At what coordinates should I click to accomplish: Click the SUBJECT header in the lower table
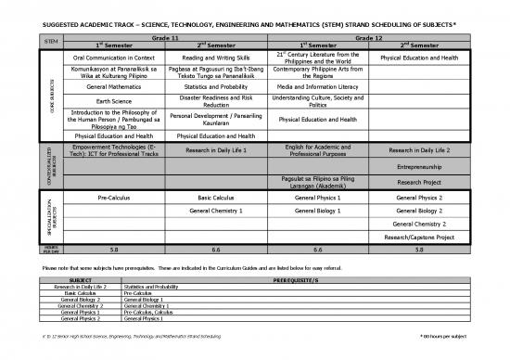tap(81, 279)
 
